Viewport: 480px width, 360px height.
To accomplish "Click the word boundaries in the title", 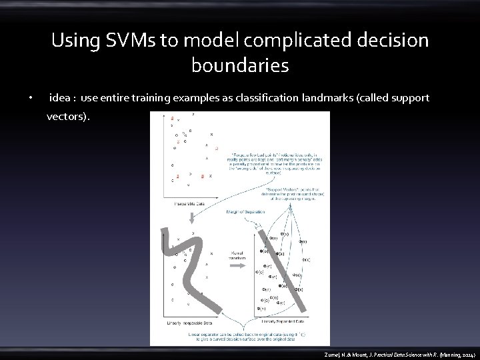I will pyautogui.click(x=240, y=66).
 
